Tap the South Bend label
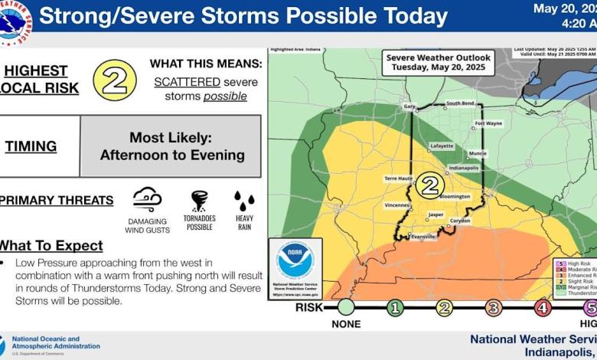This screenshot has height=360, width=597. tap(461, 103)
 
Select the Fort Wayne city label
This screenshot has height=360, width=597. tap(488, 123)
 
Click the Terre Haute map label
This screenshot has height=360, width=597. tap(398, 178)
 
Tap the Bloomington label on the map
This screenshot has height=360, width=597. tap(455, 196)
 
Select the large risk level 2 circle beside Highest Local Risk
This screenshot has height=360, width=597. tap(115, 80)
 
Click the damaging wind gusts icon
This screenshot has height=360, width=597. tap(147, 199)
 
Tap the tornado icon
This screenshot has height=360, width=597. tap(199, 200)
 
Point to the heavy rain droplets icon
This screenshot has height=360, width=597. tap(244, 201)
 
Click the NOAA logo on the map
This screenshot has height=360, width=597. tap(295, 260)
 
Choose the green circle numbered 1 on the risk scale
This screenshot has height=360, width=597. tap(395, 308)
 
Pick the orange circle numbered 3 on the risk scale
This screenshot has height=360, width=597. tap(494, 308)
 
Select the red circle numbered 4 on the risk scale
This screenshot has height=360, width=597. tap(543, 308)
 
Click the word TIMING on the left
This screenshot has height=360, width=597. tap(31, 146)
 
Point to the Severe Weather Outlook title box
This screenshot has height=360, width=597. tap(439, 62)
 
